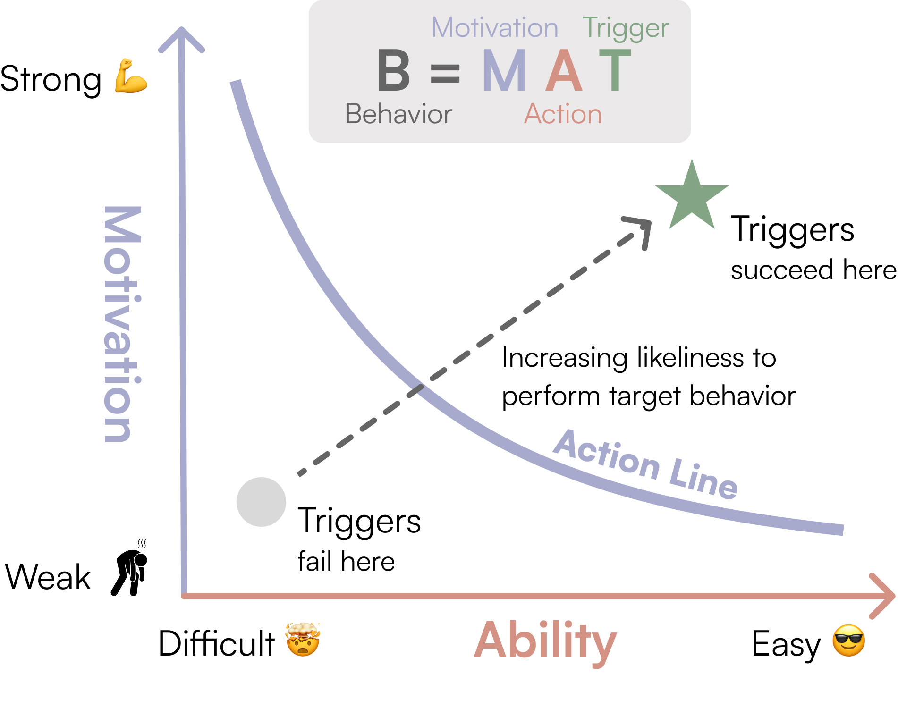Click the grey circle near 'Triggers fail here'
click(x=261, y=502)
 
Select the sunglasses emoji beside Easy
click(x=848, y=641)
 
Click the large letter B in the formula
click(x=394, y=71)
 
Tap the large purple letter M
click(x=504, y=71)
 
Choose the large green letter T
click(x=615, y=71)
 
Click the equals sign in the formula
click(x=445, y=74)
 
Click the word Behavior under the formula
click(x=398, y=114)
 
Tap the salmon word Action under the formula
click(x=563, y=114)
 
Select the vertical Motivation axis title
click(x=122, y=324)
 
